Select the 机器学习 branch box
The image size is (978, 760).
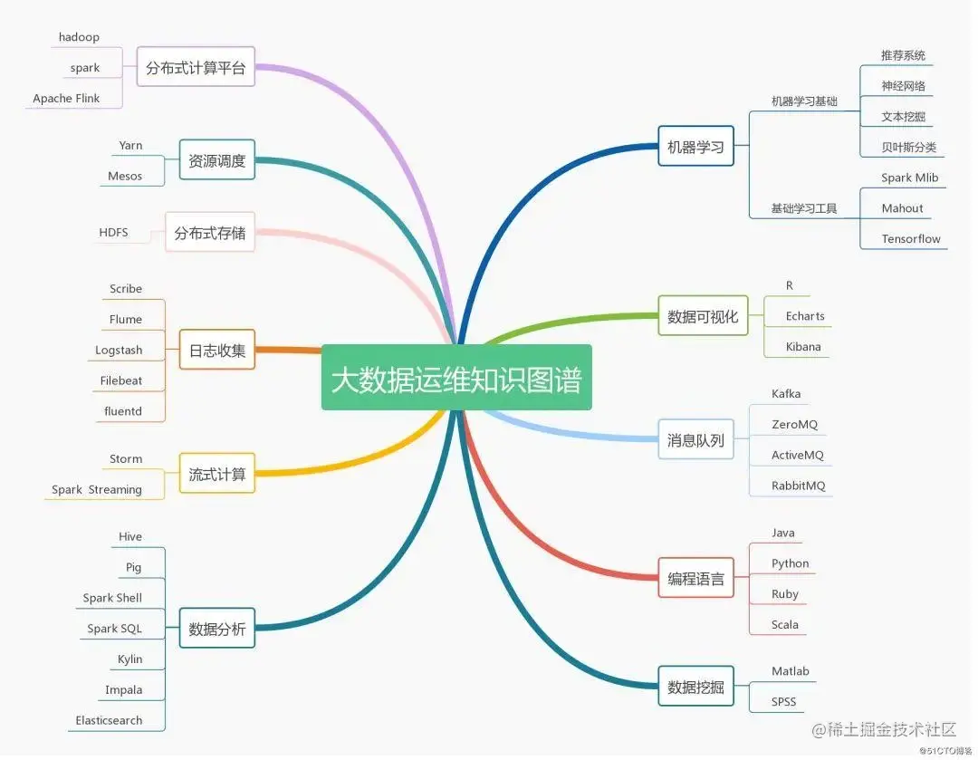[695, 147]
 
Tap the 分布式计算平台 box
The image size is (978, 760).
[196, 67]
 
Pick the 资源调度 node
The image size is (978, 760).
[216, 161]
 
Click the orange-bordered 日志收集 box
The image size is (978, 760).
[216, 350]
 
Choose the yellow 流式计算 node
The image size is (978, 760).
[216, 473]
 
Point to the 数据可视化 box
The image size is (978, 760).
[703, 316]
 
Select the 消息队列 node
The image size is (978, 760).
[695, 440]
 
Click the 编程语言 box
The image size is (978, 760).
[695, 578]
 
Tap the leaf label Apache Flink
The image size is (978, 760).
[66, 98]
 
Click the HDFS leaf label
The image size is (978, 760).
[113, 233]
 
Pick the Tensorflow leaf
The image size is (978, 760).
[911, 239]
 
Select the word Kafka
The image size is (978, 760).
[786, 394]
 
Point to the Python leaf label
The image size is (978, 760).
[791, 563]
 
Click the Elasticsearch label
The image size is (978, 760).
[109, 720]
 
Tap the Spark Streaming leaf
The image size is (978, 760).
[97, 489]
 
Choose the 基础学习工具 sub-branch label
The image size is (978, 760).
[804, 208]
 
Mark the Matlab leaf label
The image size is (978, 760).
[791, 671]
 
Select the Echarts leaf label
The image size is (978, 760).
[805, 316]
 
